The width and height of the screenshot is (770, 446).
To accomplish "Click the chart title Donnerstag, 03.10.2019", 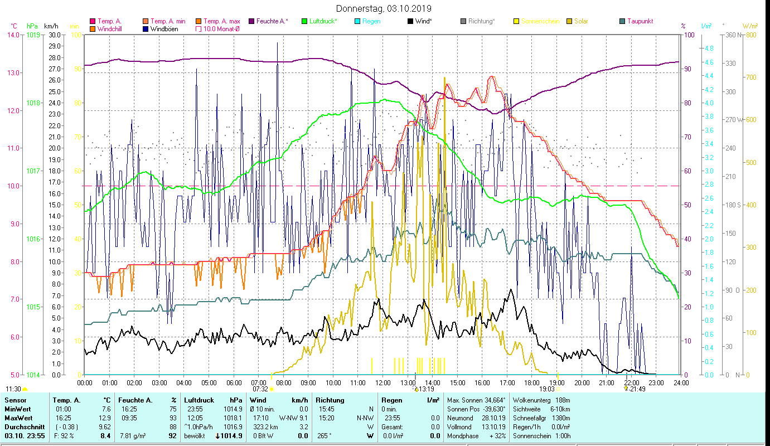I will [x=384, y=8].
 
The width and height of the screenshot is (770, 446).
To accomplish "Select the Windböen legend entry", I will [x=164, y=29].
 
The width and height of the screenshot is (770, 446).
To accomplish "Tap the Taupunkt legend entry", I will [x=640, y=21].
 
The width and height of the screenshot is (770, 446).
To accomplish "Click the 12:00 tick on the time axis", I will [x=383, y=382].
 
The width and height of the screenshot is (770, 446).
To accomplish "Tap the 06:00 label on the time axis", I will [x=234, y=382].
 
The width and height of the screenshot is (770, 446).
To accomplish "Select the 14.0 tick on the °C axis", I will [x=12, y=35].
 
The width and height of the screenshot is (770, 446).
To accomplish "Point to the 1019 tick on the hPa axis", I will [x=33, y=35].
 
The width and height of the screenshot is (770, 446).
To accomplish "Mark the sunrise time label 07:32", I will [x=260, y=389].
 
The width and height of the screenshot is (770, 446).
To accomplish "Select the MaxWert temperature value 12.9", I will [x=105, y=418].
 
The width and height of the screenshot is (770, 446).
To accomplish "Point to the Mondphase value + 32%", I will [x=496, y=435].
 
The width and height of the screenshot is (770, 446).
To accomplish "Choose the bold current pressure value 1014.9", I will [x=232, y=435].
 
